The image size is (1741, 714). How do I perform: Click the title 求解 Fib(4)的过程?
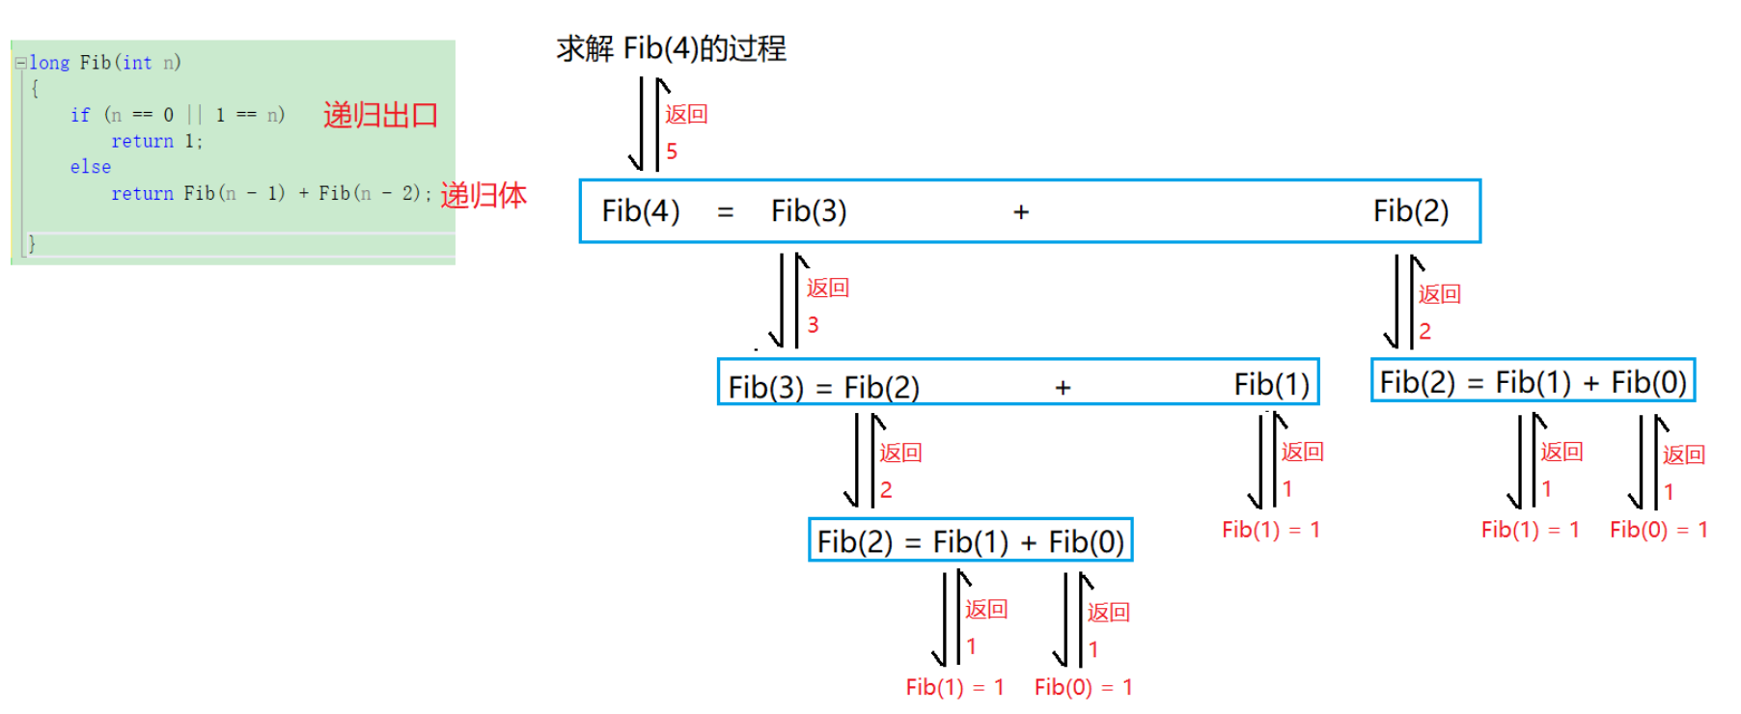tap(671, 48)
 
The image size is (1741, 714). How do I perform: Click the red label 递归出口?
tap(380, 116)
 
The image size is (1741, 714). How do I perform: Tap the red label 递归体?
tap(484, 195)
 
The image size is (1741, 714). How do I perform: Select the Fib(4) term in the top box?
tap(641, 210)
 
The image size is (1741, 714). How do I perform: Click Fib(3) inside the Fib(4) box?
tap(809, 210)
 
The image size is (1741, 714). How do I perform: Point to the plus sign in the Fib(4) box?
tap(1021, 212)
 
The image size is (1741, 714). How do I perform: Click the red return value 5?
tap(672, 151)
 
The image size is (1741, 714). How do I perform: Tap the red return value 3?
tap(813, 325)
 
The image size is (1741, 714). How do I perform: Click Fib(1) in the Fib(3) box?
tap(1271, 384)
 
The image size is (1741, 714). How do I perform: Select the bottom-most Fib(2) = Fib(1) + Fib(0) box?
tap(970, 541)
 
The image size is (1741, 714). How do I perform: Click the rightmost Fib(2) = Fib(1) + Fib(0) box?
tap(1533, 382)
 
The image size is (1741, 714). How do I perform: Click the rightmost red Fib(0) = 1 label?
tap(1658, 530)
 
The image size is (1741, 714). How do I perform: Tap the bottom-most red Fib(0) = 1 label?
tap(1083, 687)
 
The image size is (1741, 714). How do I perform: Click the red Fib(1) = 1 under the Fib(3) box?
tap(1270, 530)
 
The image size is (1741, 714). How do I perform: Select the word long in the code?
tap(49, 63)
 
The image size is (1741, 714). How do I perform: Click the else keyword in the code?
tap(90, 167)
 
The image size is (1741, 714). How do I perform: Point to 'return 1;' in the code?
tap(156, 141)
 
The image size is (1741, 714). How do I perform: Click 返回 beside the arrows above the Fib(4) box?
tap(686, 114)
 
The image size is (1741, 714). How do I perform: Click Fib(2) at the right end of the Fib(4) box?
tap(1410, 210)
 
